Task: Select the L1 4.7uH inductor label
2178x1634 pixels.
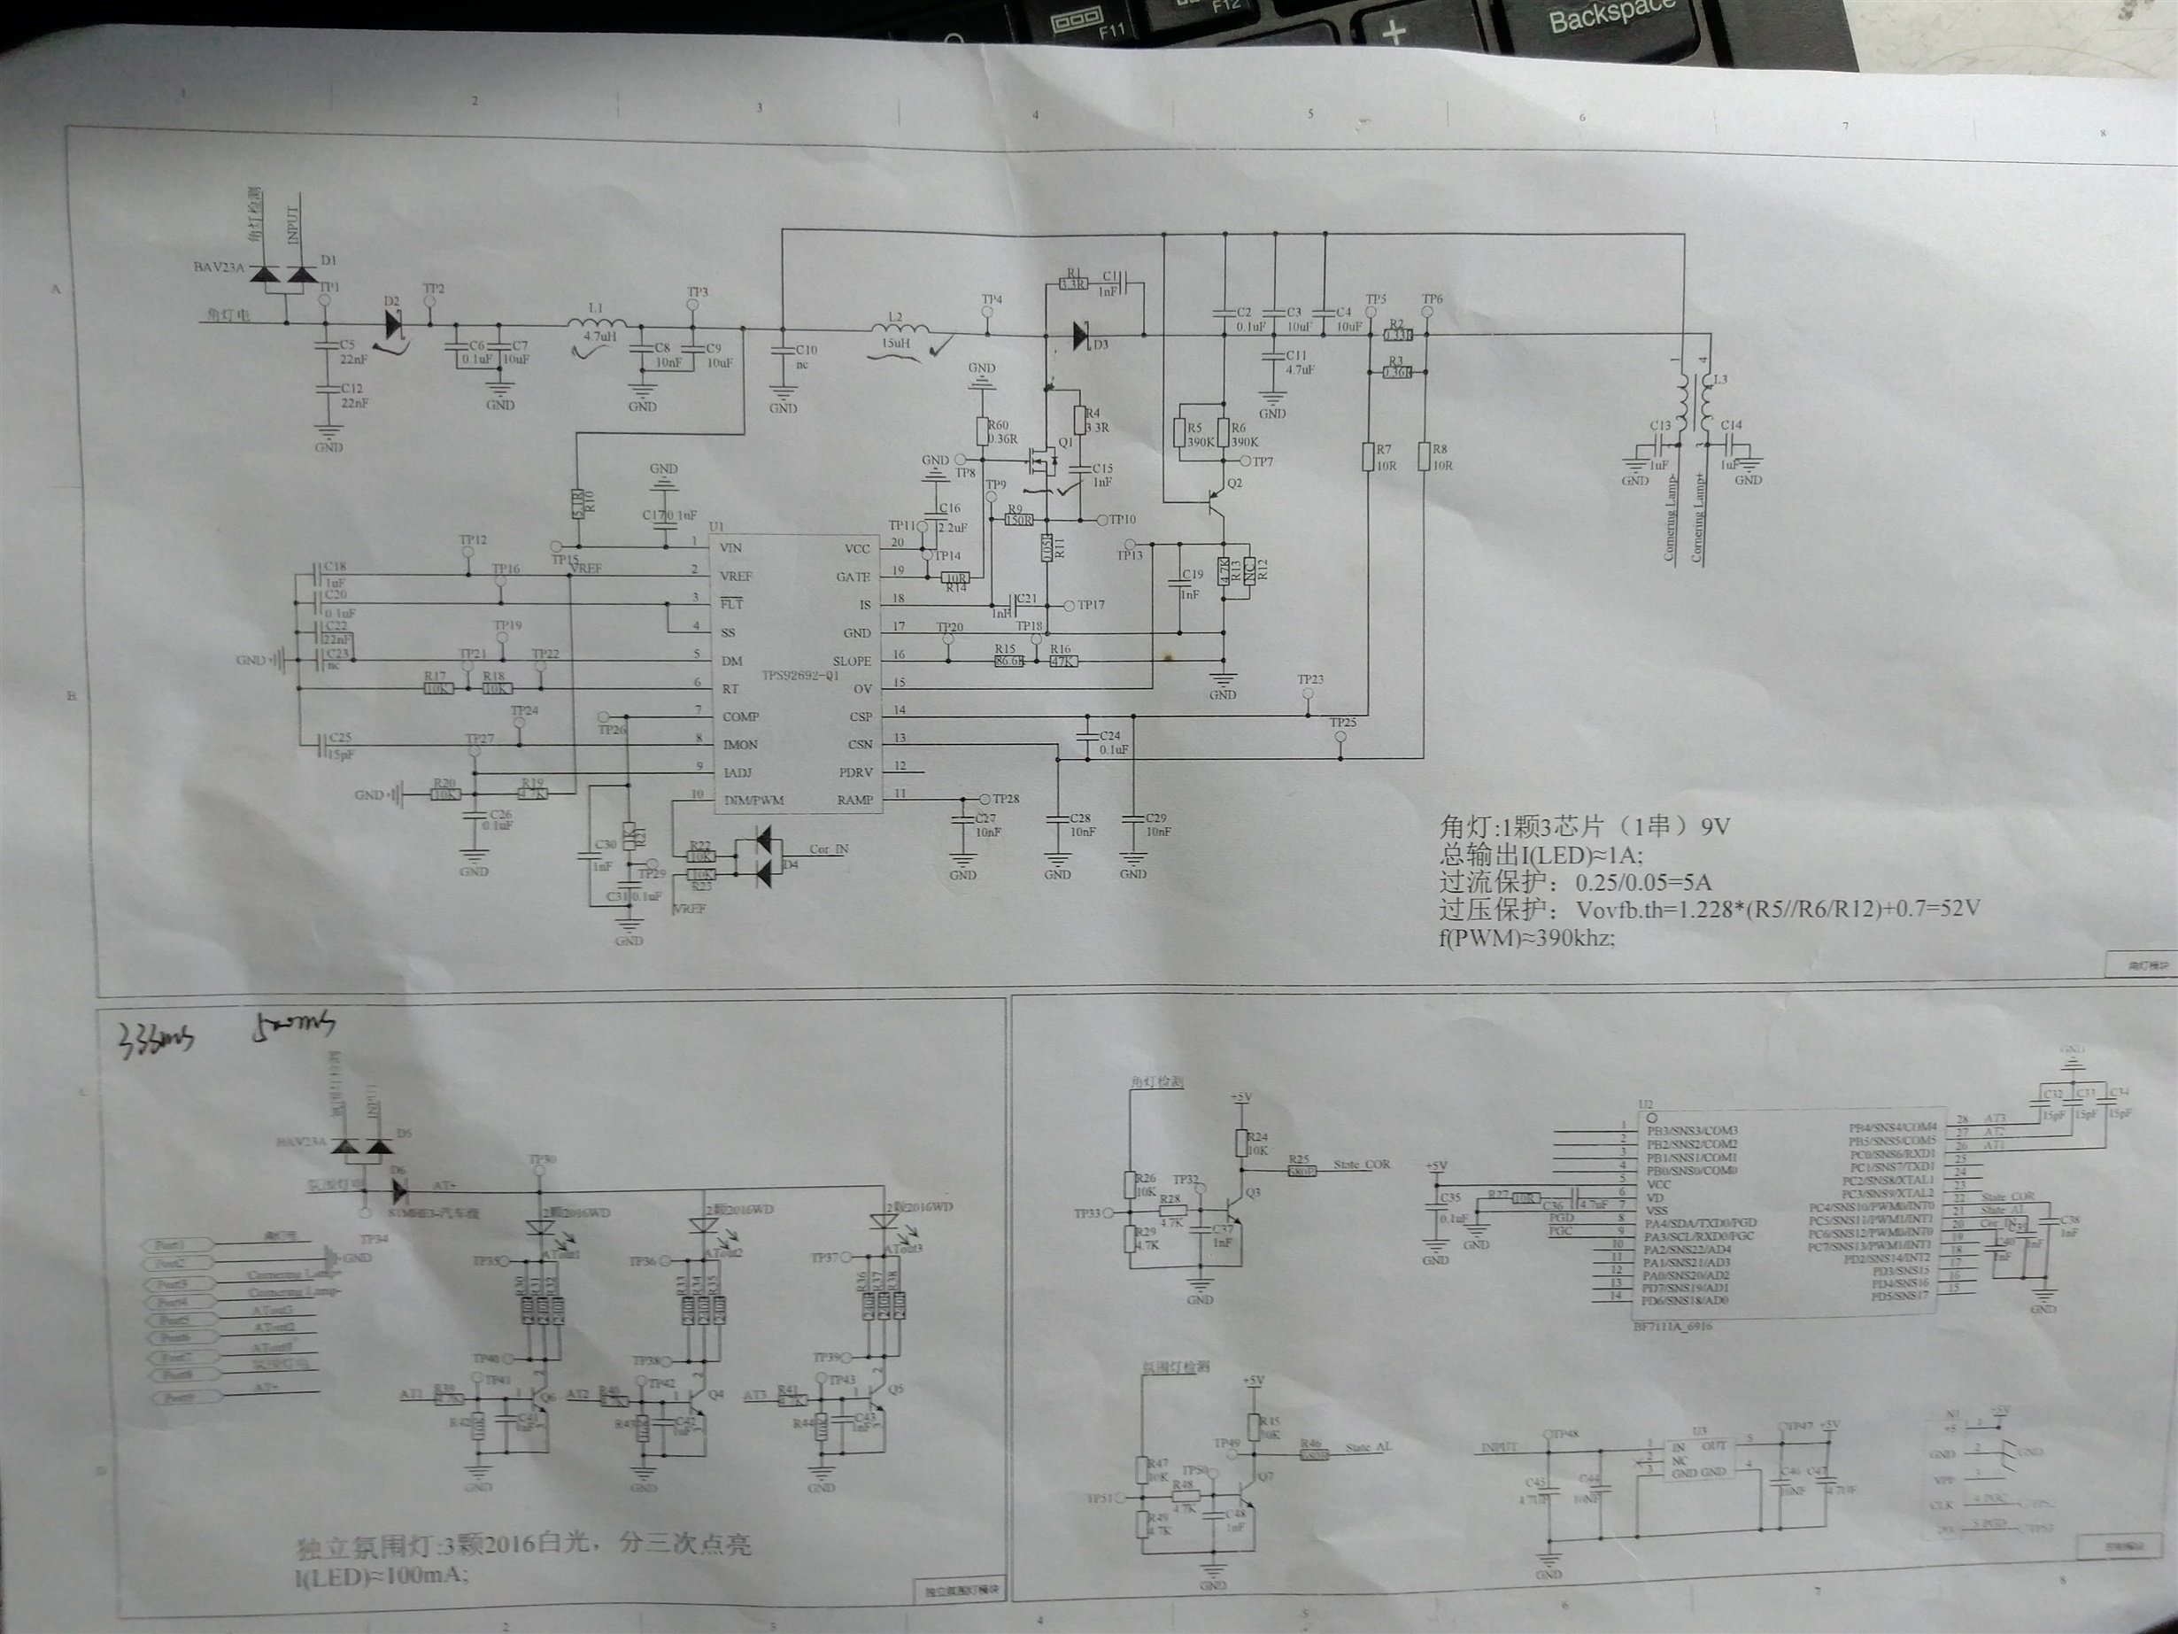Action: pos(599,322)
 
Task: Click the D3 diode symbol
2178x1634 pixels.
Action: pos(1081,336)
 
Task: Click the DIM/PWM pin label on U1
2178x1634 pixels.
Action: pos(753,800)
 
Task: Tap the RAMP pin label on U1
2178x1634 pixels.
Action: pos(853,799)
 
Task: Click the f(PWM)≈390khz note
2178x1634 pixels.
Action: pos(1527,938)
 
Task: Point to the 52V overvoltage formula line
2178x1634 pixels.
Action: pos(1709,909)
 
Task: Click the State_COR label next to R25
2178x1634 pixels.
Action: pos(1362,1165)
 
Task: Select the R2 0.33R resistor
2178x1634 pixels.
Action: pos(1397,334)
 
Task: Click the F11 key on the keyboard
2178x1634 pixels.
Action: pos(1113,29)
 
